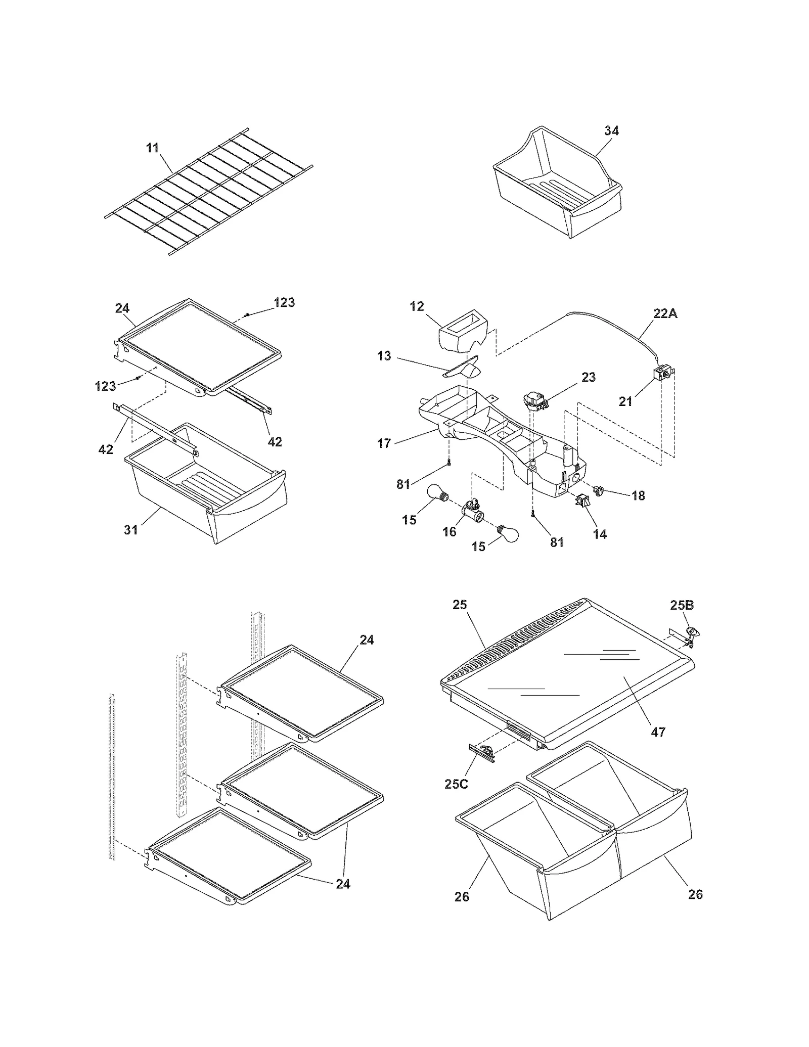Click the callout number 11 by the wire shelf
[152, 148]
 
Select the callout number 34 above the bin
[611, 130]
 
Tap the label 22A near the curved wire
[665, 313]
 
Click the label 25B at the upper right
[682, 605]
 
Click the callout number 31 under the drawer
[131, 529]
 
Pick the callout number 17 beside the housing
[384, 443]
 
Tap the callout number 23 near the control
[588, 377]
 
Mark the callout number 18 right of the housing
[638, 495]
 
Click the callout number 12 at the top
[417, 306]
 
